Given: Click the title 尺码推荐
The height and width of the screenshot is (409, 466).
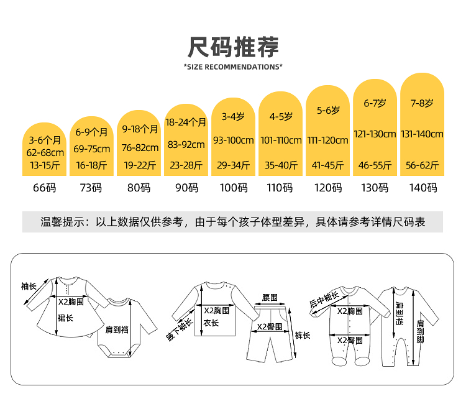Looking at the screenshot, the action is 233,47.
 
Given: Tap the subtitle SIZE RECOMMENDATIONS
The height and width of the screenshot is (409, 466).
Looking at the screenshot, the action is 233,67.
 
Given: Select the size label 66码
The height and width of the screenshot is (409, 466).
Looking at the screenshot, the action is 45,188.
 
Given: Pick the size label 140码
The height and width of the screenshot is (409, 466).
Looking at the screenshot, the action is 423,188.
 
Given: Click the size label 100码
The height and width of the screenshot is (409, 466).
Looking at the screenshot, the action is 234,188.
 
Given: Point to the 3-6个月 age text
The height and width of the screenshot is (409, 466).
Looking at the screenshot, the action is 45,140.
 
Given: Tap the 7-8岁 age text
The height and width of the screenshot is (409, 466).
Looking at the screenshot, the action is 422,103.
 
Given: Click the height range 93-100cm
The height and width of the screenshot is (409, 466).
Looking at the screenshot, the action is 233,140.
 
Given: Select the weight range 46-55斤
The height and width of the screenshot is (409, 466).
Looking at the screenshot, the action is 375,165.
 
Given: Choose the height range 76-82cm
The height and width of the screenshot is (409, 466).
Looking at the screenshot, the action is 140,147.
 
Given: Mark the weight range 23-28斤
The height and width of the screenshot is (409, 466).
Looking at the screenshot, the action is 186,165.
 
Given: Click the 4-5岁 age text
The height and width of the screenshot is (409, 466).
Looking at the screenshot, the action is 281,116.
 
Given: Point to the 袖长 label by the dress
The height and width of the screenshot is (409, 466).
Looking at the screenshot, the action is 29,287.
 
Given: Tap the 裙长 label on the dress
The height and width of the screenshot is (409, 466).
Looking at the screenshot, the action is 65,318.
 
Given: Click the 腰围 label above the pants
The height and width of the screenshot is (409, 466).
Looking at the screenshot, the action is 270,298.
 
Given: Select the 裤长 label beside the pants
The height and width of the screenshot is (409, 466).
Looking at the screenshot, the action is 303,335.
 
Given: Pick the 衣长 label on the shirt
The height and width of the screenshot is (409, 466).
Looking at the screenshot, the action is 211,323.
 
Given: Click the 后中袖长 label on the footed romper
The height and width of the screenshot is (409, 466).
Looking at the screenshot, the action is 324,299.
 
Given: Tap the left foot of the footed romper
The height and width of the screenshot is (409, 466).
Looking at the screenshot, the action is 339,361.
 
